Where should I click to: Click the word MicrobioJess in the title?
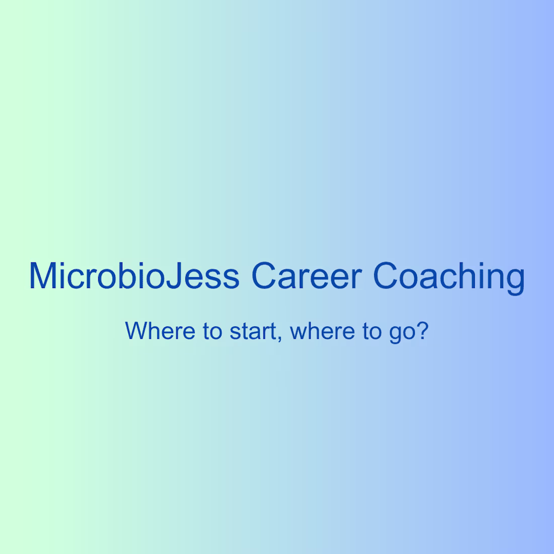point(134,276)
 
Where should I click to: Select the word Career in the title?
point(306,276)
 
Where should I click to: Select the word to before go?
point(372,331)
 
